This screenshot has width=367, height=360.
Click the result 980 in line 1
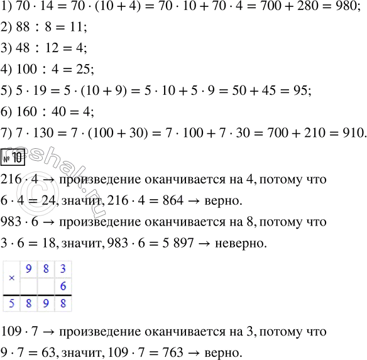[349, 10]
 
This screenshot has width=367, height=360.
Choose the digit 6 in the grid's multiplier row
[62, 286]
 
